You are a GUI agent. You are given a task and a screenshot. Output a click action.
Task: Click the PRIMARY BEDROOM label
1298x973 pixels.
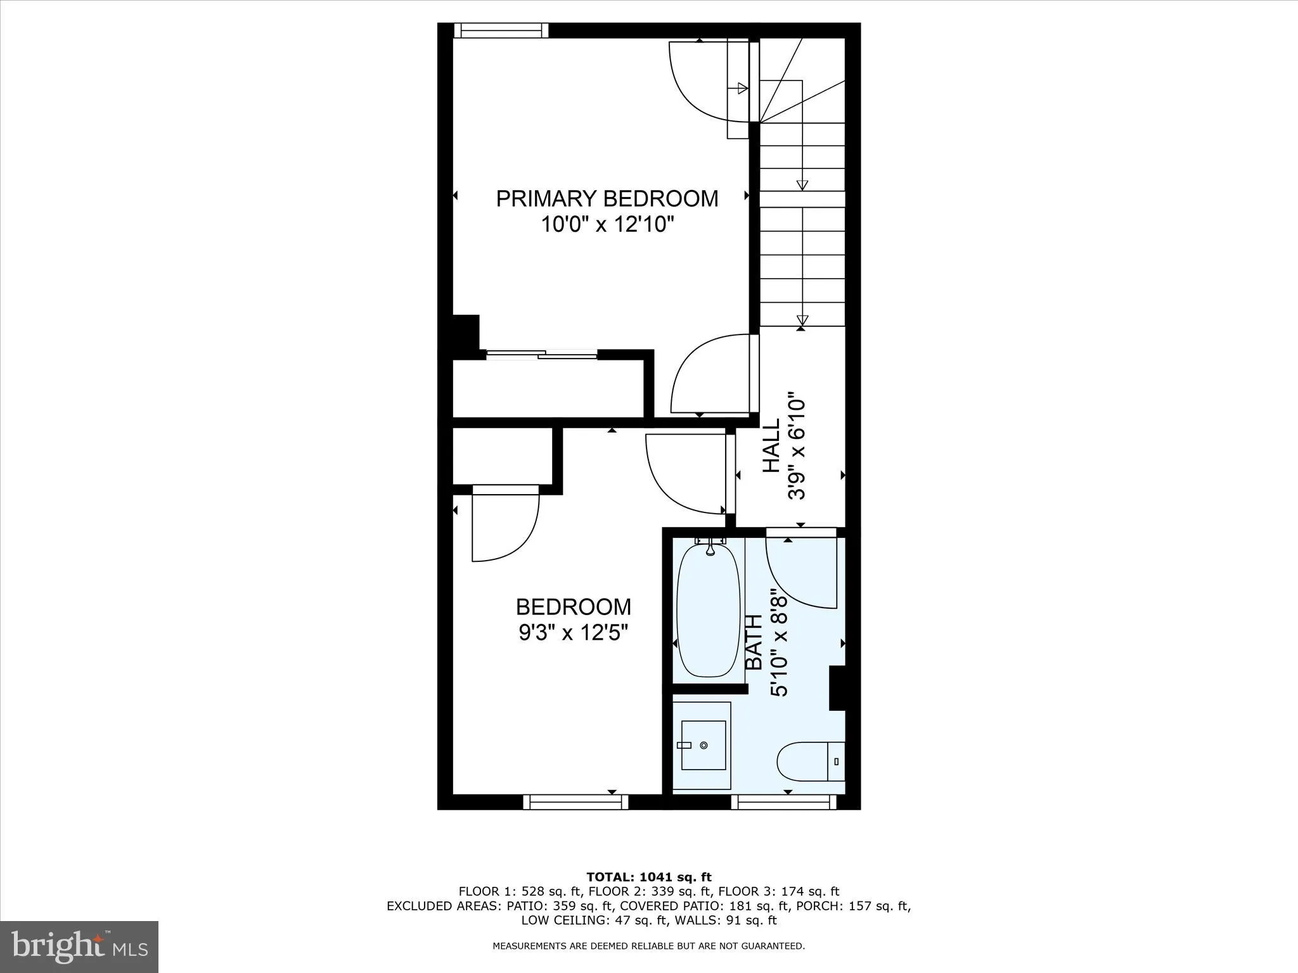[x=607, y=198]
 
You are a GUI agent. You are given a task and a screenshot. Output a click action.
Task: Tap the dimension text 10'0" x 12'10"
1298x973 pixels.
[x=607, y=224]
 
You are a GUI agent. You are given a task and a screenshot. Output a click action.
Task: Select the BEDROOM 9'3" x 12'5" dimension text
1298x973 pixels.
[x=574, y=632]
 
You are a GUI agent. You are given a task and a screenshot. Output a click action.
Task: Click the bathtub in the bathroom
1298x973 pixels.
[x=708, y=611]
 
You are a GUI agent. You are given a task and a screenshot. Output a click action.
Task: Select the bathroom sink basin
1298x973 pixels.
[x=703, y=745]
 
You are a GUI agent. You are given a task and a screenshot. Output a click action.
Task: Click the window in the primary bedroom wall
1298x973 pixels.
[x=501, y=30]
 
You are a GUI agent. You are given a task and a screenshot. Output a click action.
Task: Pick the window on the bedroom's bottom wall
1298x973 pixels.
[x=575, y=802]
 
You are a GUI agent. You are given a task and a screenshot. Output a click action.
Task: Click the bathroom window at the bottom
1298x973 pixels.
[x=783, y=802]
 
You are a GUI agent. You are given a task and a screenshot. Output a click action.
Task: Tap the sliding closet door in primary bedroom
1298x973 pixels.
[x=542, y=355]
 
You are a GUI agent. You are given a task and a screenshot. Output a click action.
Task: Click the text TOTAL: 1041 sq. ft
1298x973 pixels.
[x=648, y=877]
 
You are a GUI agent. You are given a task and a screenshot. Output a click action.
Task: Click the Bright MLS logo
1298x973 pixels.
[x=79, y=946]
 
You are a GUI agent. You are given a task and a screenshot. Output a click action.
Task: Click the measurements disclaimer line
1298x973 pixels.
[x=648, y=946]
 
